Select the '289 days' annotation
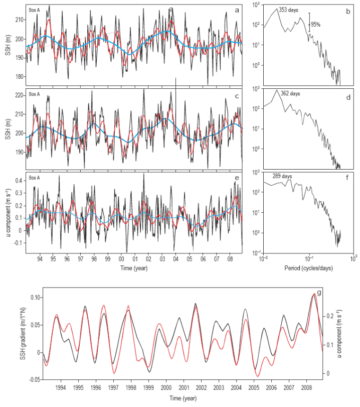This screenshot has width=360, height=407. pyautogui.click(x=283, y=176)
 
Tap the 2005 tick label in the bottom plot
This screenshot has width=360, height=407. pyautogui.click(x=253, y=388)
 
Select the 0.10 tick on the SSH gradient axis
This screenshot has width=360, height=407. pyautogui.click(x=36, y=298)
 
